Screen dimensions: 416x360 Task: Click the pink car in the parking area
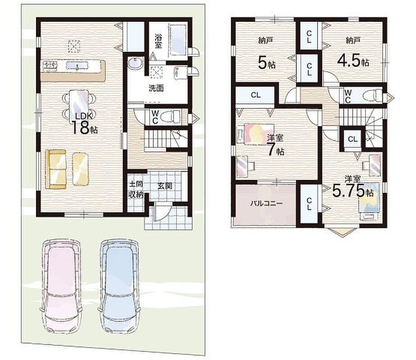coord(61,286)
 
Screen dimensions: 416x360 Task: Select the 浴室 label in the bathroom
coord(158,41)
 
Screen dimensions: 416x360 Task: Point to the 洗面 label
coord(156,88)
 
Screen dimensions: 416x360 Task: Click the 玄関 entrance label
coord(165,186)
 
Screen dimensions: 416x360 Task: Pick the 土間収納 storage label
coord(136,189)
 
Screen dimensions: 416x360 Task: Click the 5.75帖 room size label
coord(353,191)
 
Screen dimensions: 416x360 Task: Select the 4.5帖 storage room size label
coord(353,61)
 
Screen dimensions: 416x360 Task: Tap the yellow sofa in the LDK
coord(55,169)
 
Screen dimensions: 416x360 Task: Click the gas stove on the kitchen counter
coord(50,66)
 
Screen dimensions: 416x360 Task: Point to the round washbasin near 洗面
coord(135,64)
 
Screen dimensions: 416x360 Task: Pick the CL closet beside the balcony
coord(309,204)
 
